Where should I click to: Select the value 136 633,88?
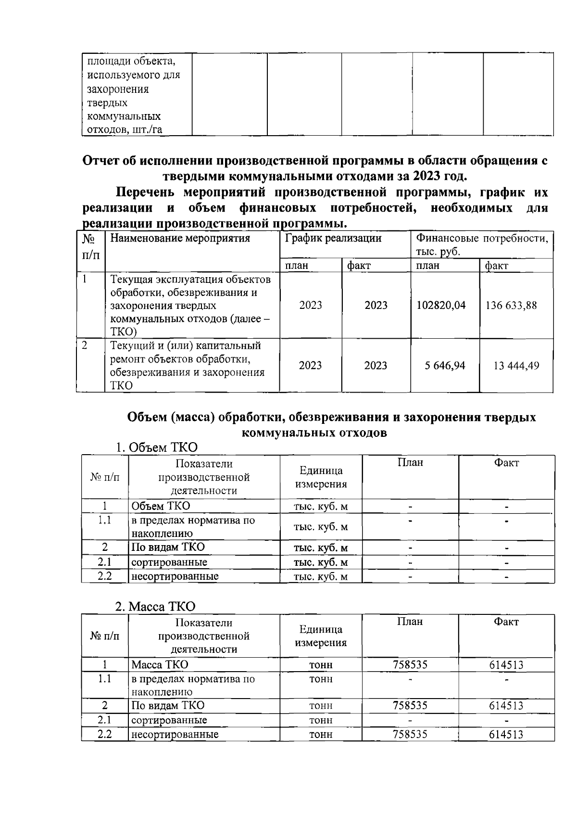511,306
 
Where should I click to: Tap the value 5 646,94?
445,366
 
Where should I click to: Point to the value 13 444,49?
516,366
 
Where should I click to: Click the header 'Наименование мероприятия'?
180,238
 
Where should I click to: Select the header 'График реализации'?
333,238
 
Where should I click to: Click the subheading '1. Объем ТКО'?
157,447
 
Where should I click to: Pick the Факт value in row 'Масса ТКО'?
506,665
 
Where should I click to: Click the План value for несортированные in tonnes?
410,735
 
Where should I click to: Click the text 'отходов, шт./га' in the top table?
124,129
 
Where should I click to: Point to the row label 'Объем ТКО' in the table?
161,506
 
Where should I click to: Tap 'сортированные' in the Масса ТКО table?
169,720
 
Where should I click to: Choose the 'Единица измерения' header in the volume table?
321,477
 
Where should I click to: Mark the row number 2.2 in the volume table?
105,576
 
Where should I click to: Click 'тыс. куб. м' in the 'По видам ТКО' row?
321,548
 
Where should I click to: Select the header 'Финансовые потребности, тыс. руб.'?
481,244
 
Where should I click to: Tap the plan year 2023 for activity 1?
310,306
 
